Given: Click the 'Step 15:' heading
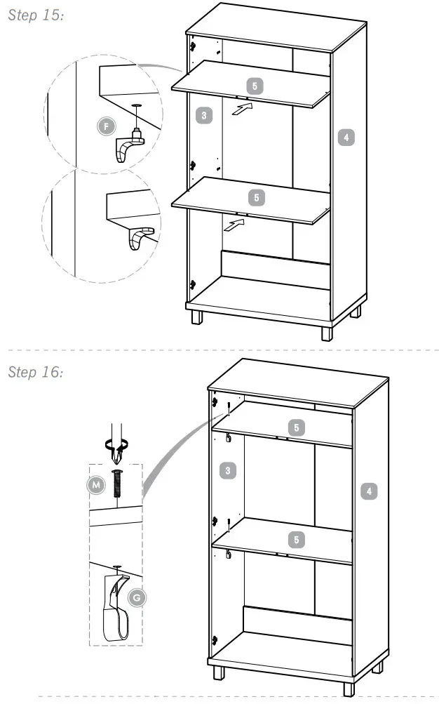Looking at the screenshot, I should click(x=36, y=15).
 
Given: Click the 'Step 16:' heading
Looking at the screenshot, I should click(x=36, y=371).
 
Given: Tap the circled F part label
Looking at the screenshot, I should click(x=106, y=126).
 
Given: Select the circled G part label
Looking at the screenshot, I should click(x=137, y=597).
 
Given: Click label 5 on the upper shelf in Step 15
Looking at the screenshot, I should click(x=255, y=86).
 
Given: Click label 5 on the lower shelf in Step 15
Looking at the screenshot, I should click(x=257, y=198).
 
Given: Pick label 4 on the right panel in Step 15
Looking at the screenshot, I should click(x=346, y=137).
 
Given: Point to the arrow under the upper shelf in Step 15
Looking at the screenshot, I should click(x=241, y=109).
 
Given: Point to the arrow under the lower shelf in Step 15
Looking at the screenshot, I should click(x=235, y=225).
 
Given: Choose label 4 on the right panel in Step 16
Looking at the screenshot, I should click(x=369, y=491).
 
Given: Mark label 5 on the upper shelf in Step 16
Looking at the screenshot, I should click(x=297, y=427).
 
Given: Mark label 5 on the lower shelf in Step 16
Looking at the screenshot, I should click(x=297, y=539).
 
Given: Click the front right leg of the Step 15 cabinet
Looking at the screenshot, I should click(x=327, y=331).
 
